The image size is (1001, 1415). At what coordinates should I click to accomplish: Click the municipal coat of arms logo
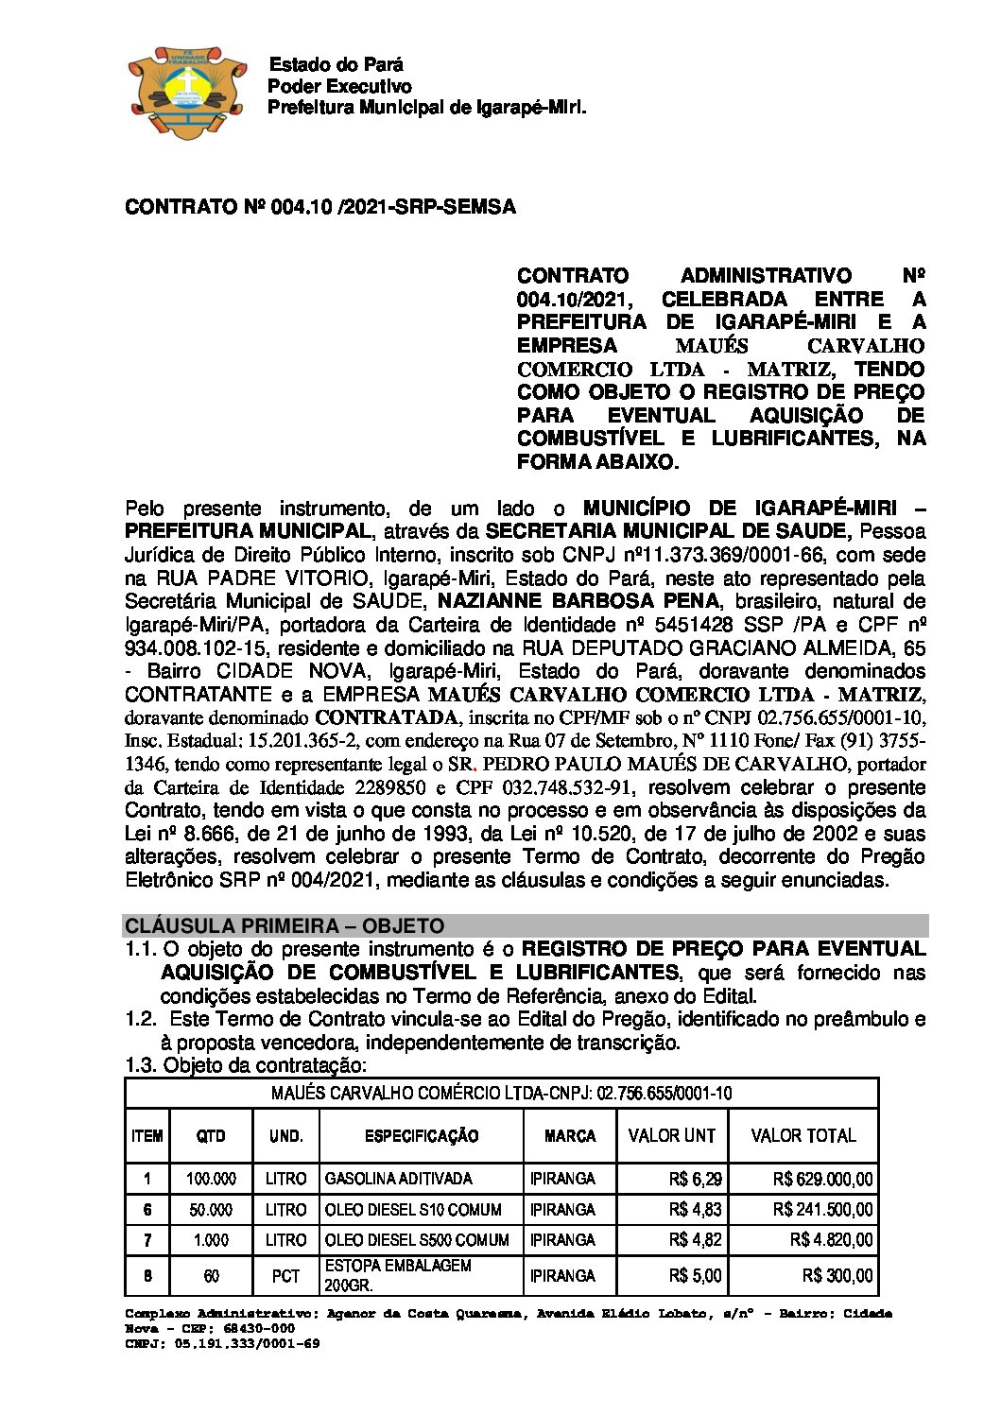click(x=179, y=92)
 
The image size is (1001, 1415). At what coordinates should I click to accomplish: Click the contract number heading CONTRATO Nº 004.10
click(x=319, y=207)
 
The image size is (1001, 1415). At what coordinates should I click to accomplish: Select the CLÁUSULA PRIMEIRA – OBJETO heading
click(x=285, y=925)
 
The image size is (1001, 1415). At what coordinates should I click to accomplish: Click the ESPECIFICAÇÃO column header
click(x=422, y=1136)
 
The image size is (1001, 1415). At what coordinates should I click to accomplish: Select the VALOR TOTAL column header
click(x=803, y=1136)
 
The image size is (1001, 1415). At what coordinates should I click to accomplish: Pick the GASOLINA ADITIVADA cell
click(x=398, y=1179)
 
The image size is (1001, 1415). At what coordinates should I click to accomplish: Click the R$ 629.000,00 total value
click(x=822, y=1179)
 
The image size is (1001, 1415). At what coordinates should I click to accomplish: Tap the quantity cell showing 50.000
click(x=211, y=1210)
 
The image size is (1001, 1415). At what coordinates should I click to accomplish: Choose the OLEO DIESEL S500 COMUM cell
click(x=417, y=1240)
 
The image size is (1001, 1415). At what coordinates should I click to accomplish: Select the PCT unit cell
click(x=285, y=1276)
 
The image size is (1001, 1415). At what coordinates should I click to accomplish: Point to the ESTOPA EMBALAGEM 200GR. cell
click(x=398, y=1275)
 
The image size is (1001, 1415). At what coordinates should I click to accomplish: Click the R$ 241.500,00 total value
click(x=822, y=1210)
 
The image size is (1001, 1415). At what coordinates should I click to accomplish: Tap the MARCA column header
click(x=570, y=1136)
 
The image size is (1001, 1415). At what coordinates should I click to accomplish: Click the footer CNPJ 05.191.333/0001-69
click(x=222, y=1343)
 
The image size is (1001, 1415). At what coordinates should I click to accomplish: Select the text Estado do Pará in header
click(x=336, y=65)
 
